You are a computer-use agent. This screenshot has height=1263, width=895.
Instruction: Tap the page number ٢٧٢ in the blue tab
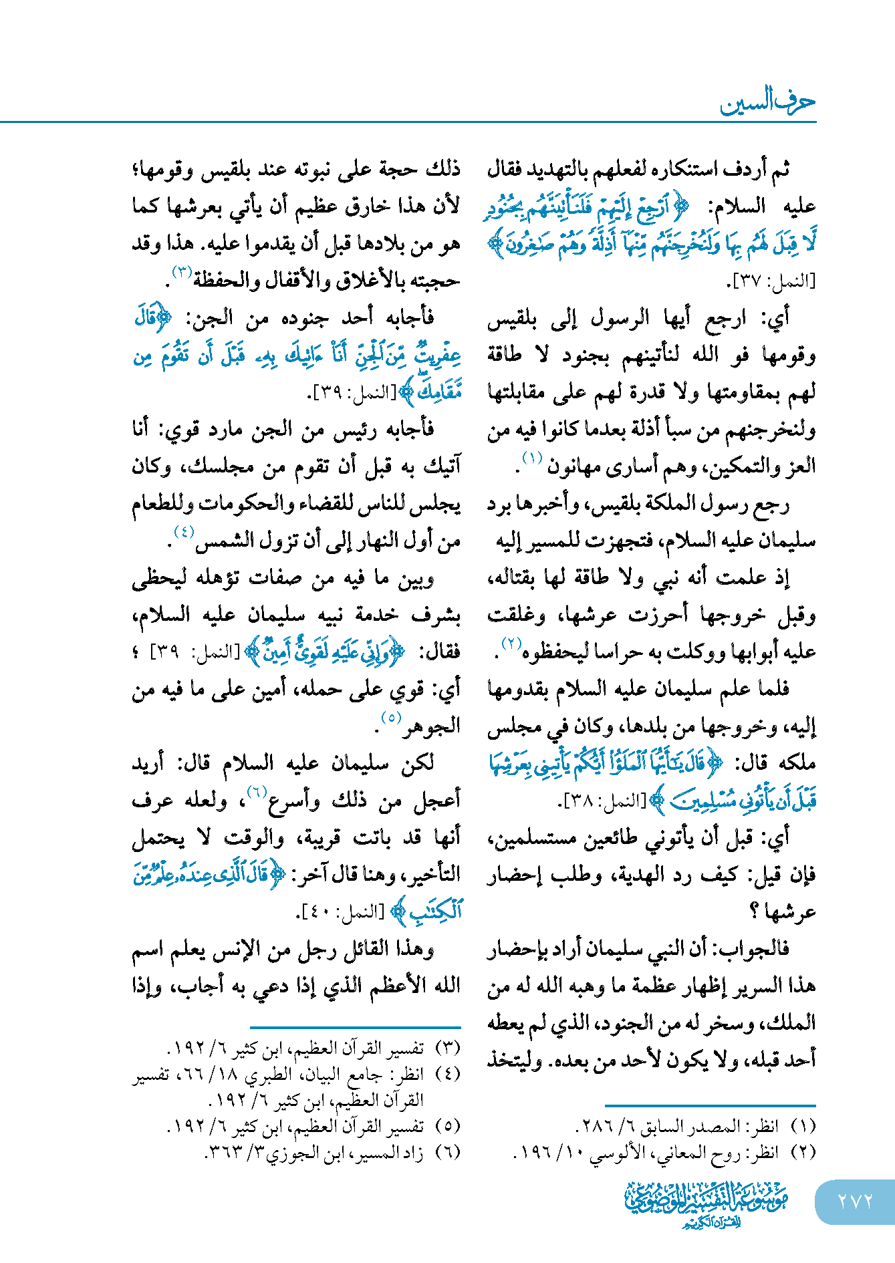tap(855, 1202)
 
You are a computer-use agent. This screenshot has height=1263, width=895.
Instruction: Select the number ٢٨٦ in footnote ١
tap(592, 1127)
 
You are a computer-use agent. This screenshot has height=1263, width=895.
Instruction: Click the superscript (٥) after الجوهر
tap(390, 718)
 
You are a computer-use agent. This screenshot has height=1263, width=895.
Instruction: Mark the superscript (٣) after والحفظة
tap(182, 272)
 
